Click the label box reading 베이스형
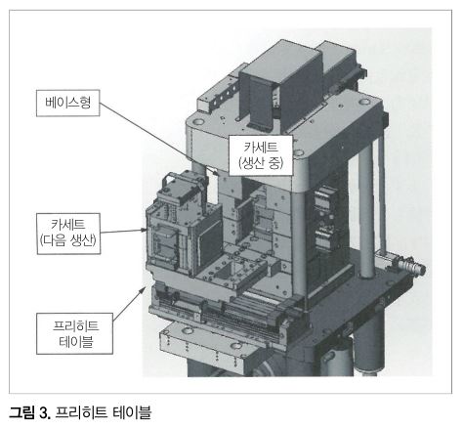(x=67, y=103)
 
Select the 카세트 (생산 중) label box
(x=261, y=155)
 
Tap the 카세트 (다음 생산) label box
(x=68, y=234)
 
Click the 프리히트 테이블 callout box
(x=74, y=333)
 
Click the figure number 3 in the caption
(x=44, y=413)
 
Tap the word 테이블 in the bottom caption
(x=132, y=412)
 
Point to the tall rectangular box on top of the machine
(x=279, y=86)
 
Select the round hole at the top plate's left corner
(x=197, y=122)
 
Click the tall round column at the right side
(x=367, y=212)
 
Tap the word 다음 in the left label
(x=57, y=240)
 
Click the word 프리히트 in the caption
(x=81, y=412)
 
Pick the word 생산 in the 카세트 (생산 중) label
(x=253, y=162)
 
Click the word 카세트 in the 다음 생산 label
(x=68, y=225)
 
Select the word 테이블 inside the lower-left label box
(x=76, y=342)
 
